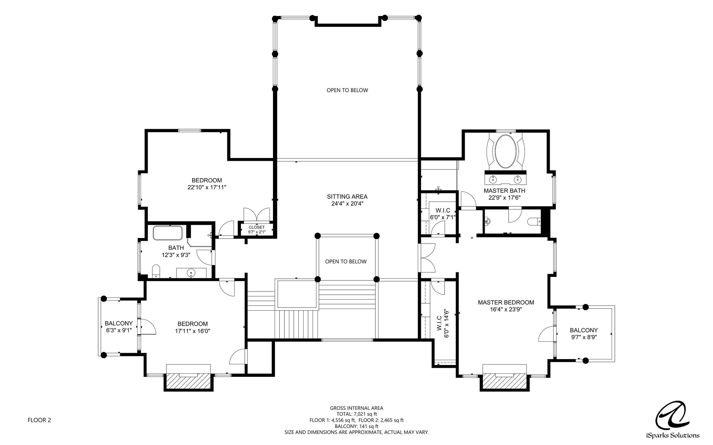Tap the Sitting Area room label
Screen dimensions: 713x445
pyautogui.click(x=347, y=197)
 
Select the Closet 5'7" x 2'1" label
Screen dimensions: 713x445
pyautogui.click(x=257, y=230)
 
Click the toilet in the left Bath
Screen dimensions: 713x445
pyautogui.click(x=156, y=271)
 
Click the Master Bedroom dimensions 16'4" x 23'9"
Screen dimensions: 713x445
pyautogui.click(x=506, y=309)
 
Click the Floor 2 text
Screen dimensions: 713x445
pyautogui.click(x=39, y=420)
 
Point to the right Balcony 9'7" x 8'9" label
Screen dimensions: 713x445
pyautogui.click(x=584, y=334)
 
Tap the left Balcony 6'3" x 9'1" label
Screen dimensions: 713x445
pyautogui.click(x=119, y=327)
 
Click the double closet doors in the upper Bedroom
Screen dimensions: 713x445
pyautogui.click(x=257, y=214)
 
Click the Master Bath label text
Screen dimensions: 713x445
pyautogui.click(x=504, y=191)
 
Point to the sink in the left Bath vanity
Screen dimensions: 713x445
pyautogui.click(x=191, y=273)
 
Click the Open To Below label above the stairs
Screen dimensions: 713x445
pyautogui.click(x=346, y=262)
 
